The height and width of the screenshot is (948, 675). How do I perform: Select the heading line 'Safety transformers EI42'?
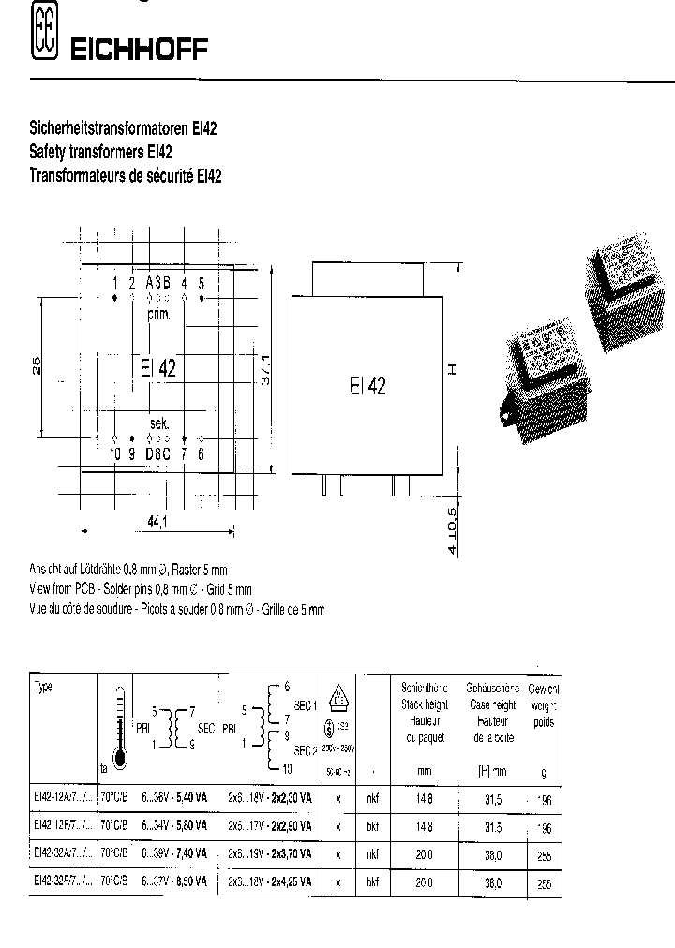tap(99, 153)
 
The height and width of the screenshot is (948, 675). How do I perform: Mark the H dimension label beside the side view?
tap(450, 370)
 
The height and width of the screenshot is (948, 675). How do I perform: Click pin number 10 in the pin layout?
tap(114, 454)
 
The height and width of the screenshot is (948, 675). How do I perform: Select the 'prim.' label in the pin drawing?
tap(158, 315)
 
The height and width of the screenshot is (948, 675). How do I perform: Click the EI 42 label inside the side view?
tap(367, 385)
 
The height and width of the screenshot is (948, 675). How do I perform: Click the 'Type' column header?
tap(44, 687)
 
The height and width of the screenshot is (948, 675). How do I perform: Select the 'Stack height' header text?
tap(425, 704)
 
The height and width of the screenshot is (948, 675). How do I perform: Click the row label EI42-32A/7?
tap(63, 855)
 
